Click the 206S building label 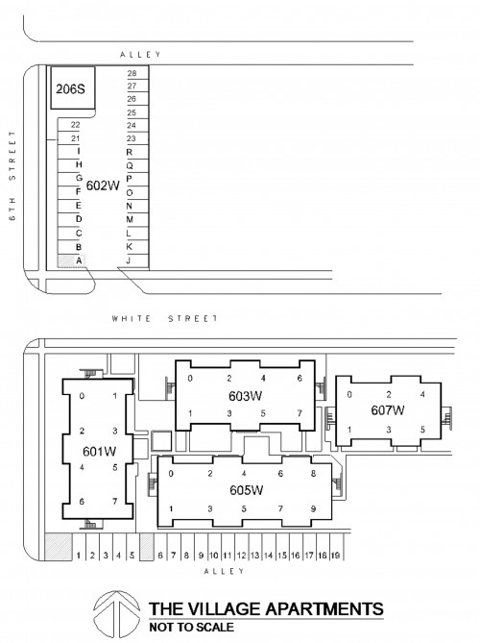(x=70, y=88)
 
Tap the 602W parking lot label (x=103, y=185)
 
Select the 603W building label (x=246, y=396)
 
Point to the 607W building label (x=388, y=409)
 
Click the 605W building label (x=246, y=490)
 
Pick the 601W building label (x=100, y=451)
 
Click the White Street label (x=165, y=318)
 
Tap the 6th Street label (x=12, y=176)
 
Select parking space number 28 (x=132, y=73)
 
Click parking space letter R (x=130, y=152)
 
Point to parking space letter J (x=129, y=260)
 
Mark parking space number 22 (x=75, y=125)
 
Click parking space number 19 (x=335, y=556)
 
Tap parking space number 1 (x=79, y=556)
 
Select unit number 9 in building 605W (x=313, y=508)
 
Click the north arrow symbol (x=116, y=613)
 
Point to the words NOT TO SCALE (x=192, y=627)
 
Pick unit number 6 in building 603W (x=300, y=378)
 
